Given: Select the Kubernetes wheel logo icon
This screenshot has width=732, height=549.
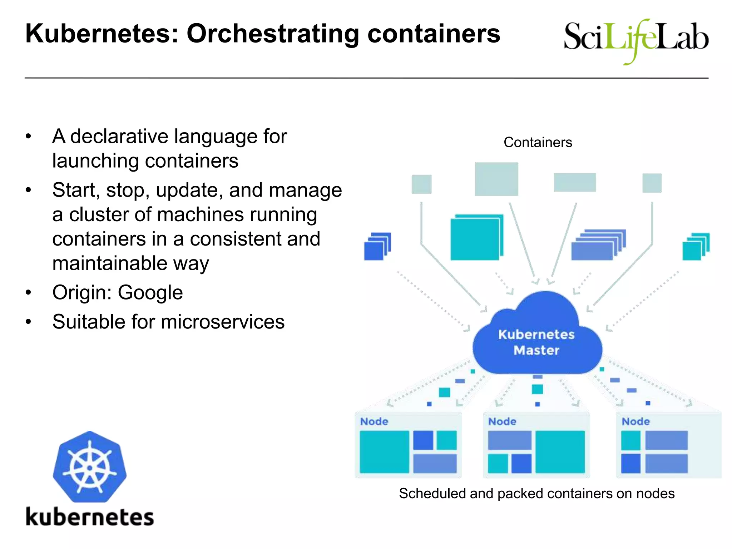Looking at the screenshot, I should (89, 467).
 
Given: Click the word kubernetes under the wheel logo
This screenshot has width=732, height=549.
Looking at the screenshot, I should (89, 517).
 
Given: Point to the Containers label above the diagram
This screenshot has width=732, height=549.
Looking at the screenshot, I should (538, 142).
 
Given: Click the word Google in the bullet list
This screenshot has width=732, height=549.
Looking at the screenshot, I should (150, 292).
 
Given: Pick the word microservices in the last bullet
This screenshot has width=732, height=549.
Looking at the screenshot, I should (222, 322).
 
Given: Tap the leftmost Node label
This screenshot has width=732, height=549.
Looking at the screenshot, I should (374, 421).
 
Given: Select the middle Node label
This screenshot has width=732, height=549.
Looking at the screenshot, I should (502, 421).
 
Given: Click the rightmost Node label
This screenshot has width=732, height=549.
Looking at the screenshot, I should (635, 421).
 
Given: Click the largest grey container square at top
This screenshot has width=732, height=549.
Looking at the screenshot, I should (496, 179).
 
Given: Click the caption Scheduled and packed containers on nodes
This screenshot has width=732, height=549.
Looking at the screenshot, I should (536, 494).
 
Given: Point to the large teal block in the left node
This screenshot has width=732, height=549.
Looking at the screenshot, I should (384, 452).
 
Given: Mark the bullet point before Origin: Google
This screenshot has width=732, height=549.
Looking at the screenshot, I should (29, 293).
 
